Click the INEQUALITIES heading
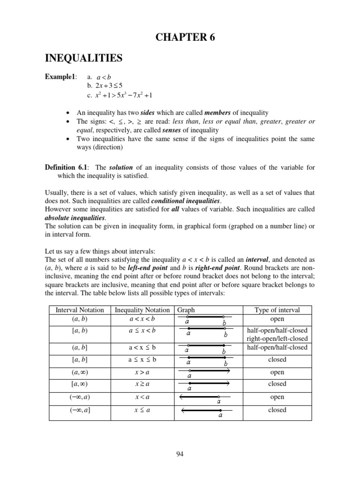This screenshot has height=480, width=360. point(83,58)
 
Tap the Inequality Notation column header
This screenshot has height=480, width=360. point(142,310)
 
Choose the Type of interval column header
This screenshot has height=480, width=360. point(277,310)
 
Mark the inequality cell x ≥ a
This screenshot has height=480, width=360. point(142,384)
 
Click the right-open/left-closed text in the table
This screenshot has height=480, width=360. point(277,338)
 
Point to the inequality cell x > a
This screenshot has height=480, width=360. point(142,372)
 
